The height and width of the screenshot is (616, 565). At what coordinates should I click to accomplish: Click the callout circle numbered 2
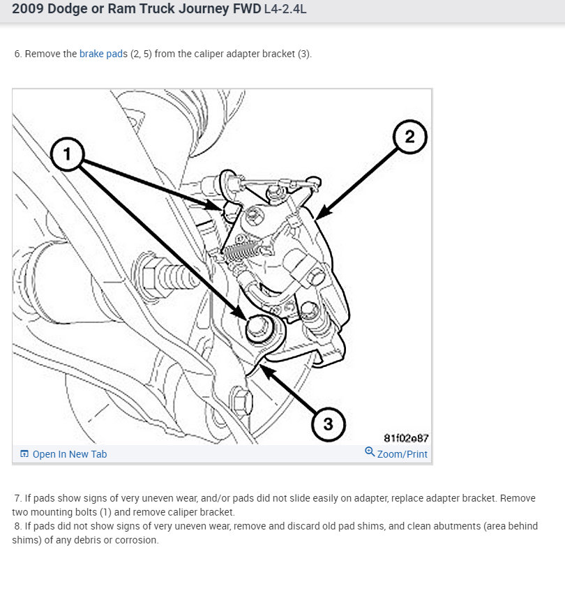click(x=409, y=137)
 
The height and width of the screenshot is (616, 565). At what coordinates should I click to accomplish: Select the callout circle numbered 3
click(x=327, y=423)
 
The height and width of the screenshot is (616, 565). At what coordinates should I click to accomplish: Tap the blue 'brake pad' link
click(x=101, y=54)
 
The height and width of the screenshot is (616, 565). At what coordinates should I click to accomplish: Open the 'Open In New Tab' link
click(x=70, y=454)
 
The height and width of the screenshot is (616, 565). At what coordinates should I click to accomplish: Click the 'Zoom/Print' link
click(x=402, y=454)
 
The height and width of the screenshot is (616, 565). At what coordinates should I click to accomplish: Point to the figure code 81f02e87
click(x=406, y=438)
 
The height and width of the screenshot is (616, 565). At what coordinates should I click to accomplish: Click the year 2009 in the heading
click(x=27, y=10)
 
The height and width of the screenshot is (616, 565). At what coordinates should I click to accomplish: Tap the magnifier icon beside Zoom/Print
click(x=370, y=452)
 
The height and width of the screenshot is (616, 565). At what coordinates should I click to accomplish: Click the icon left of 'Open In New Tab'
click(x=24, y=454)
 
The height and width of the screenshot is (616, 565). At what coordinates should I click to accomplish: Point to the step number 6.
click(x=18, y=54)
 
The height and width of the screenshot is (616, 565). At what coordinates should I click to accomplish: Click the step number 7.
click(x=18, y=498)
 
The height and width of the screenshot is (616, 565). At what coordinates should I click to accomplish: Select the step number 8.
click(x=17, y=526)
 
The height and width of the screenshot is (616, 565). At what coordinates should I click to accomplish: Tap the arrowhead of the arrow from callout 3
click(x=266, y=368)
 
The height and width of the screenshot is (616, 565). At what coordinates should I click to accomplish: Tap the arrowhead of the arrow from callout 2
click(x=319, y=216)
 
